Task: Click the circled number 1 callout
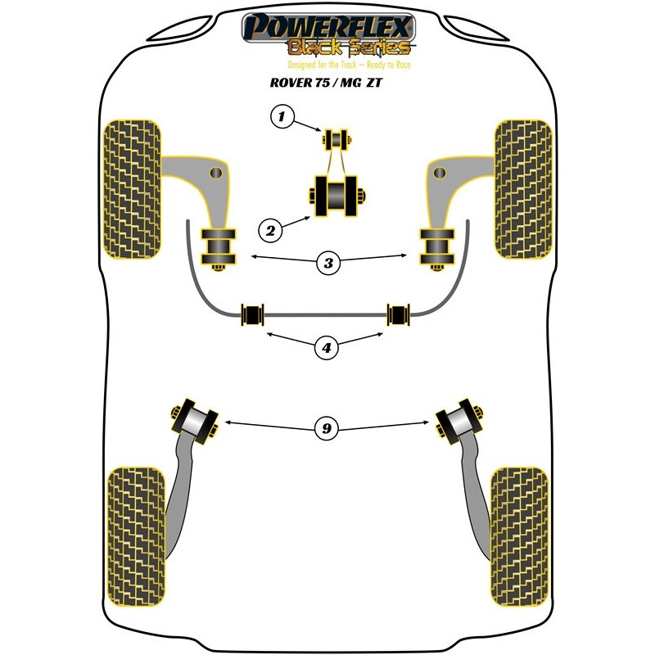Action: coord(282,118)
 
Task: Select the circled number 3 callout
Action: coord(328,263)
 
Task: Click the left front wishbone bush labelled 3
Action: coord(219,246)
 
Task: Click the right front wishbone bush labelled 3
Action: coord(436,246)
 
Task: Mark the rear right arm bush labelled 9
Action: coord(459,421)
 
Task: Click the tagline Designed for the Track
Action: coord(327,64)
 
